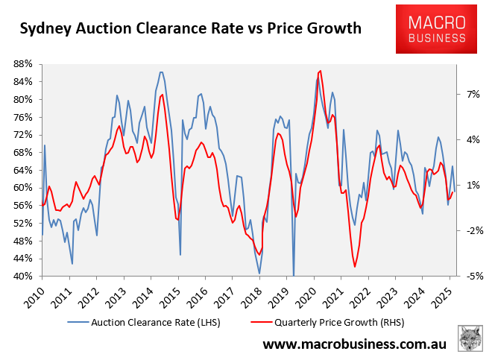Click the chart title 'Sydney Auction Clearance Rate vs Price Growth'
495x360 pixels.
pos(191,29)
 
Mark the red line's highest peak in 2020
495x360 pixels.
pos(320,71)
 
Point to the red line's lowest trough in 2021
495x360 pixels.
pos(355,267)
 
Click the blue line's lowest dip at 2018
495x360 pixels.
pos(259,274)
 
